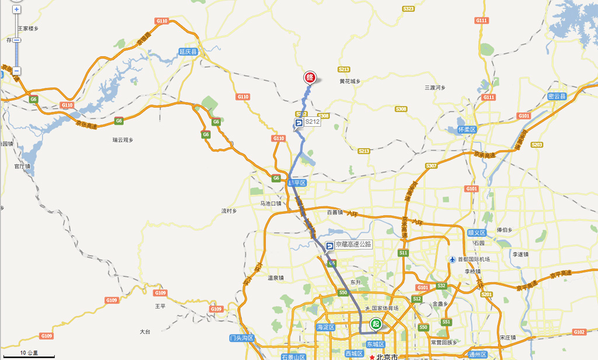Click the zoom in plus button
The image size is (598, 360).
point(17,10)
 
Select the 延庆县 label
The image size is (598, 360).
point(189,51)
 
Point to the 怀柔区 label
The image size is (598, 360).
point(467,129)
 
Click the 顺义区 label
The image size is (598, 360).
point(477,232)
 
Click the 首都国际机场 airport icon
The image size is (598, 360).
point(453,259)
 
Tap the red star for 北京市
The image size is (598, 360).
point(371,356)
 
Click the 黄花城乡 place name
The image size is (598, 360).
point(350,81)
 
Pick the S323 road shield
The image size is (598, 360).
point(408,9)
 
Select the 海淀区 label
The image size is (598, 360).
point(326,327)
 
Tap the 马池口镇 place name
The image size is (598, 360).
point(271,203)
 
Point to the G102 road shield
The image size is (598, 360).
point(579,332)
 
